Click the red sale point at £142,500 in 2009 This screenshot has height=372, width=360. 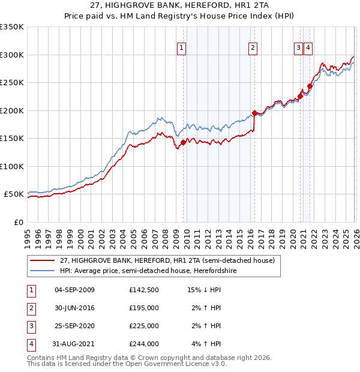tap(183, 143)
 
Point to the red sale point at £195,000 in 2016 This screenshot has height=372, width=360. tap(254, 113)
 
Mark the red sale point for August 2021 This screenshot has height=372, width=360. tap(310, 86)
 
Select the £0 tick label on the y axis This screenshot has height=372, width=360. tap(18, 223)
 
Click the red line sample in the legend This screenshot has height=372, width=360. tap(43, 261)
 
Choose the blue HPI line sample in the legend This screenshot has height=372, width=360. tap(43, 271)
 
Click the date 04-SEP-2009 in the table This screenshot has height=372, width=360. tap(74, 290)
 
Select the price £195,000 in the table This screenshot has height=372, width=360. tap(143, 308)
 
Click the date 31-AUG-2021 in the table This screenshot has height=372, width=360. tap(74, 344)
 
